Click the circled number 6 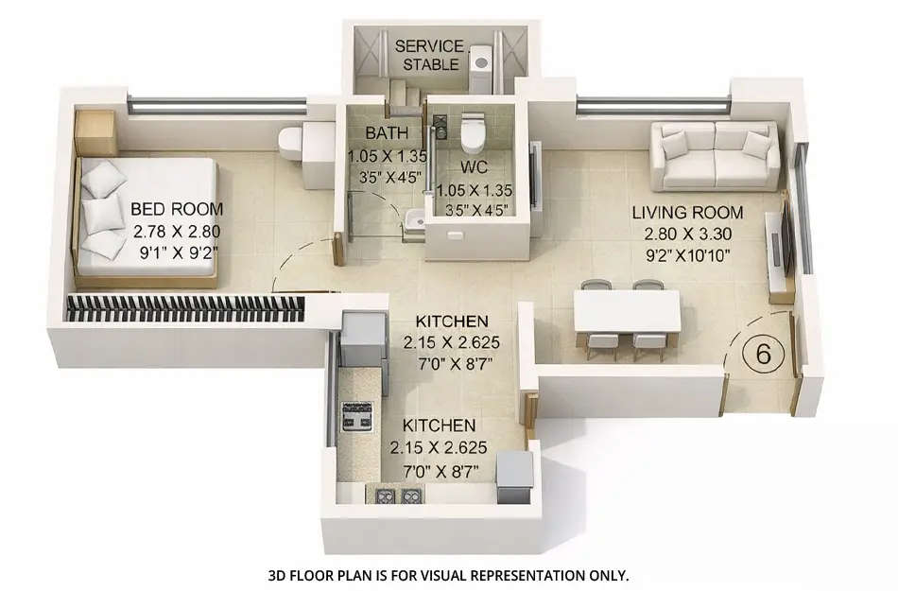point(764,355)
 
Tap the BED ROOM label point(177,209)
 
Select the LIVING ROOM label point(687,213)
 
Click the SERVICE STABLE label point(429,55)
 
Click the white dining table point(627,310)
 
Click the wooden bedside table point(95,132)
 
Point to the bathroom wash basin point(410,223)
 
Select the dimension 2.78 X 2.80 point(177,231)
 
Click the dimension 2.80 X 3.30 point(687,234)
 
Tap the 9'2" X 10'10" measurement point(687,255)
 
